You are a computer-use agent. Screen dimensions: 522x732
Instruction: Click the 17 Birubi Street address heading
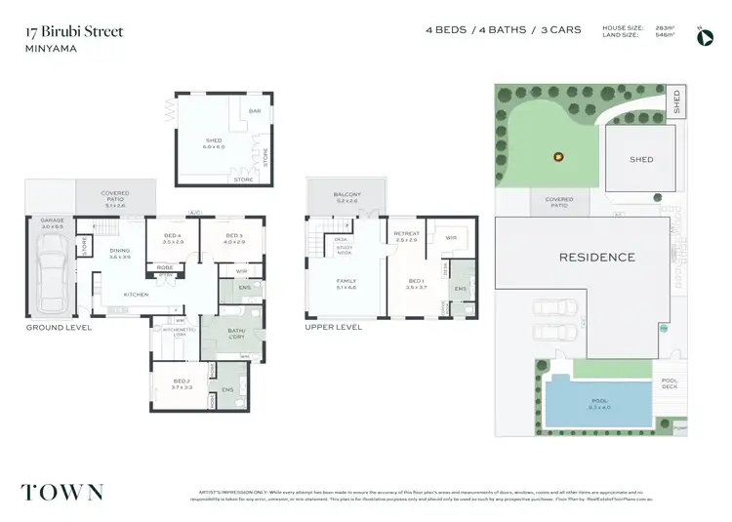point(74,31)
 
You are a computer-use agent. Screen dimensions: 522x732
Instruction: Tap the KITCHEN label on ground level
point(136,294)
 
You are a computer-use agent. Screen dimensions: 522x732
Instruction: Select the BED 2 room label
point(182,383)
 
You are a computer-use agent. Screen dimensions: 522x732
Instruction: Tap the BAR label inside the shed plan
point(256,111)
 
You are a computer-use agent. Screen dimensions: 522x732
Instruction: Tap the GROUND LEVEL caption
point(60,328)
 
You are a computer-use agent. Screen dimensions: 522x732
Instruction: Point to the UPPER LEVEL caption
point(334,328)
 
